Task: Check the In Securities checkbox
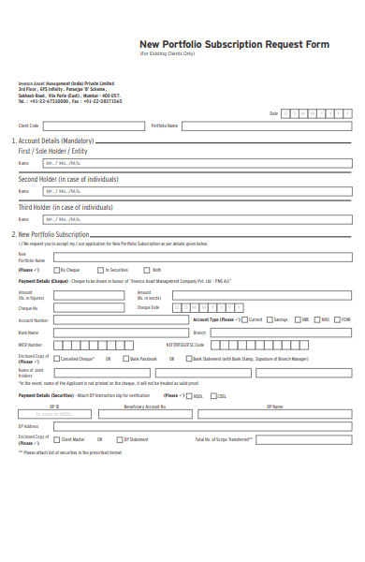pos(102,270)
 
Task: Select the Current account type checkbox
pos(244,319)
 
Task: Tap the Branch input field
pos(280,332)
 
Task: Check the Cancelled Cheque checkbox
pos(55,359)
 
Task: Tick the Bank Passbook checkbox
pos(125,359)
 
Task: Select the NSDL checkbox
pos(189,396)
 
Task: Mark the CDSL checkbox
pos(212,396)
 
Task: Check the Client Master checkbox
pos(55,438)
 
